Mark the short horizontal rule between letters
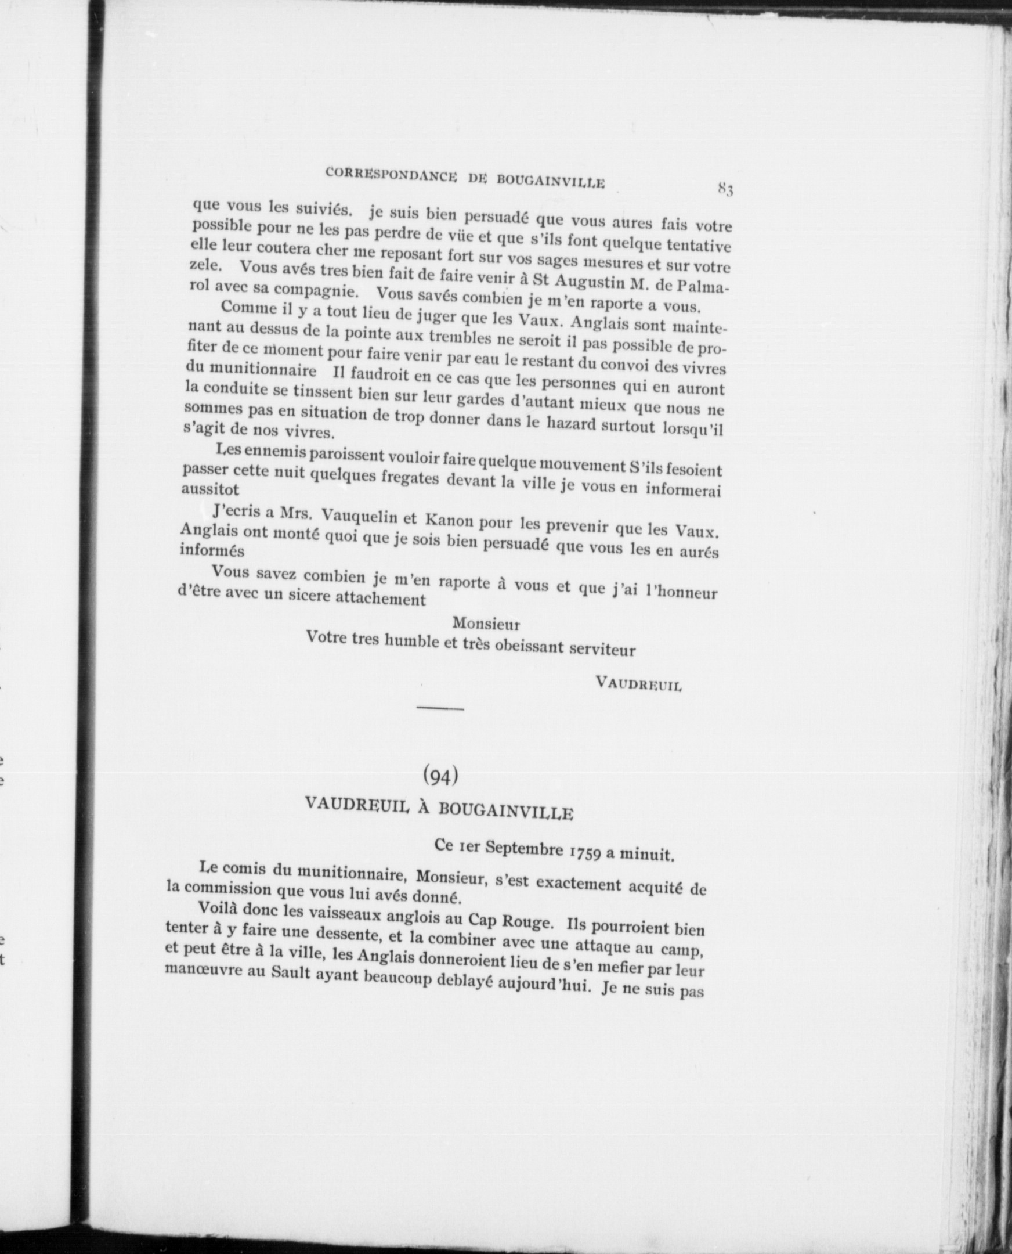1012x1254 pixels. tap(440, 709)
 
